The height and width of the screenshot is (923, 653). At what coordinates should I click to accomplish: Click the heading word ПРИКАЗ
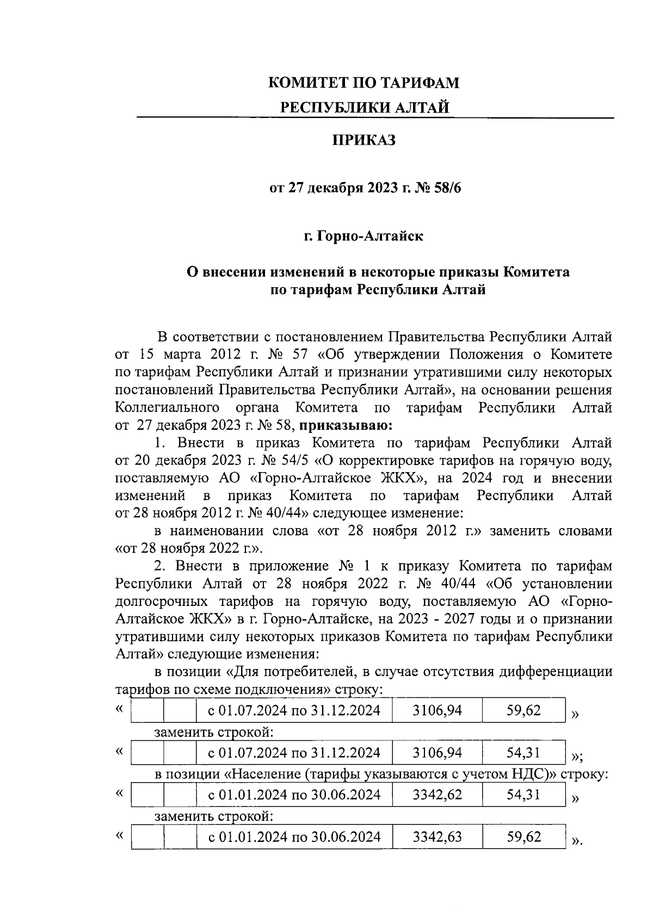[364, 140]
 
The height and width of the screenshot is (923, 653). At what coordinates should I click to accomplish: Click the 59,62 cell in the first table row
[523, 710]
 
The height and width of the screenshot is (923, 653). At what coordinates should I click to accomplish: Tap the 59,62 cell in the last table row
[523, 836]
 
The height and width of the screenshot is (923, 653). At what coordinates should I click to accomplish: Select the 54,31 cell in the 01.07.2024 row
[523, 753]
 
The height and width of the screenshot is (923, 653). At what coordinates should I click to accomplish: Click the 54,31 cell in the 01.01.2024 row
[523, 795]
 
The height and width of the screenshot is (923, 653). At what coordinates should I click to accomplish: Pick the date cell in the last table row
[294, 836]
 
